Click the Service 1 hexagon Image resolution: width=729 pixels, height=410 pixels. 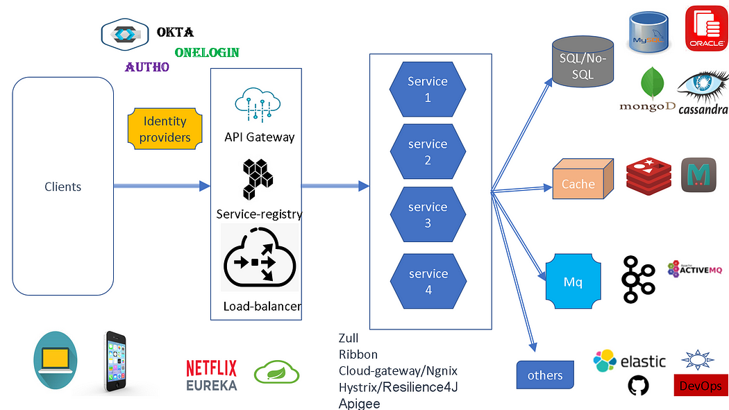(428, 89)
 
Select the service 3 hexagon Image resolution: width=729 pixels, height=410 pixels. (428, 215)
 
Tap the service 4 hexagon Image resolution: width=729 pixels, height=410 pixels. (428, 282)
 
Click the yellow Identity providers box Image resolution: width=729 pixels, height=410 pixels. (165, 129)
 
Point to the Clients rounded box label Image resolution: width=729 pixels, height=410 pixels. (62, 187)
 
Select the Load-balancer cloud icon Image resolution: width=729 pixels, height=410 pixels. (260, 257)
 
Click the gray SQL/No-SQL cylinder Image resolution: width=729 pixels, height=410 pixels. (583, 61)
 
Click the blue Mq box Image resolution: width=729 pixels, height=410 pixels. (573, 282)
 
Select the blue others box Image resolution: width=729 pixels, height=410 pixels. (545, 375)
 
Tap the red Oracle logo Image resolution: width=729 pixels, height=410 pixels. (706, 28)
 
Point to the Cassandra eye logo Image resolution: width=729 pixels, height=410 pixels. (703, 88)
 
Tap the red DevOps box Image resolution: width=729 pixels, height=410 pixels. (701, 386)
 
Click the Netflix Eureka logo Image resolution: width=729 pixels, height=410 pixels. (211, 375)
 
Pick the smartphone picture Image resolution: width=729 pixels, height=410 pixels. (115, 363)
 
